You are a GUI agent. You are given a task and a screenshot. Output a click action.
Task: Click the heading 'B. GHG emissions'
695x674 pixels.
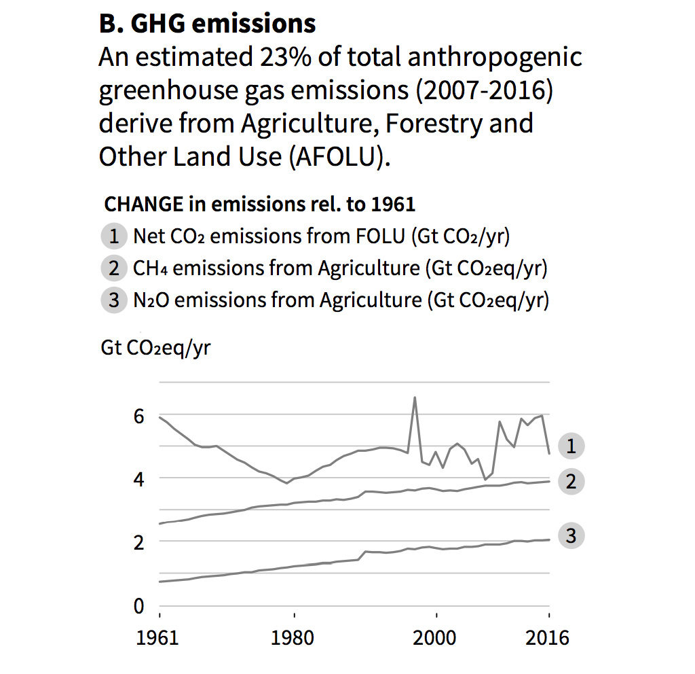[207, 24]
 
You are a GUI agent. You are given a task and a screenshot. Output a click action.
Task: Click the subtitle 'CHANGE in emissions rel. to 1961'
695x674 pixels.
[260, 204]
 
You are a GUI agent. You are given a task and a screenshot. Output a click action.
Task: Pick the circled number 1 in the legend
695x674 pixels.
[114, 236]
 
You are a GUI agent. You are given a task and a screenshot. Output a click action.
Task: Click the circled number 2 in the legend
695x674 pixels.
[114, 268]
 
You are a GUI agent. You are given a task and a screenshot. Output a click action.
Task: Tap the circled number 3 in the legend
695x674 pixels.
[114, 300]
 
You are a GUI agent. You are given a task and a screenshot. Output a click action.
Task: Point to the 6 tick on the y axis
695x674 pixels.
[138, 416]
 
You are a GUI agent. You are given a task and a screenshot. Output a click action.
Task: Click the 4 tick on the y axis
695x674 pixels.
[138, 479]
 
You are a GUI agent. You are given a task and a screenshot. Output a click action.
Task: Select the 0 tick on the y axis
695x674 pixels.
[138, 605]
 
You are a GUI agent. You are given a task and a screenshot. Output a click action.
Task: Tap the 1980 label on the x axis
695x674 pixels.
[294, 639]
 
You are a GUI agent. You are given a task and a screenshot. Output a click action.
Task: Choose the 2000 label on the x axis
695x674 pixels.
[435, 639]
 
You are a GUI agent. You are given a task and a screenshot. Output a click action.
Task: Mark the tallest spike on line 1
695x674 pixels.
[415, 397]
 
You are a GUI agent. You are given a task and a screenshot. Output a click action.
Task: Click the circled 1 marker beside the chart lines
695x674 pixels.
[571, 446]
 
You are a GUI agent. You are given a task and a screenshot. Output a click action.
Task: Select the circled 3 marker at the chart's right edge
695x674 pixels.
[571, 535]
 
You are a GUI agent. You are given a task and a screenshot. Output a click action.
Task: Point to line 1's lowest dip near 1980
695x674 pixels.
[287, 482]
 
